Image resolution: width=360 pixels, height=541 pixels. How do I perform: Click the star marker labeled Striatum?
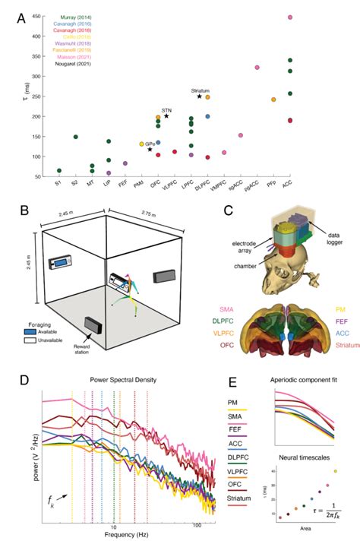point(199,96)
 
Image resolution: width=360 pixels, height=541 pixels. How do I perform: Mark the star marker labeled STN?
point(166,115)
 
